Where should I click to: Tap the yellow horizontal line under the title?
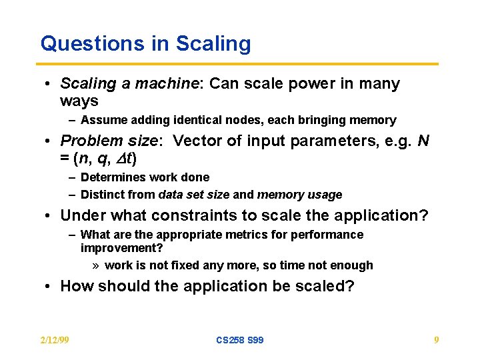pos(239,64)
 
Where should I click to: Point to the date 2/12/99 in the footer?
pos(55,340)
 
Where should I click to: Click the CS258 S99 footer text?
pos(240,340)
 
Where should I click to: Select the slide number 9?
pos(436,340)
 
